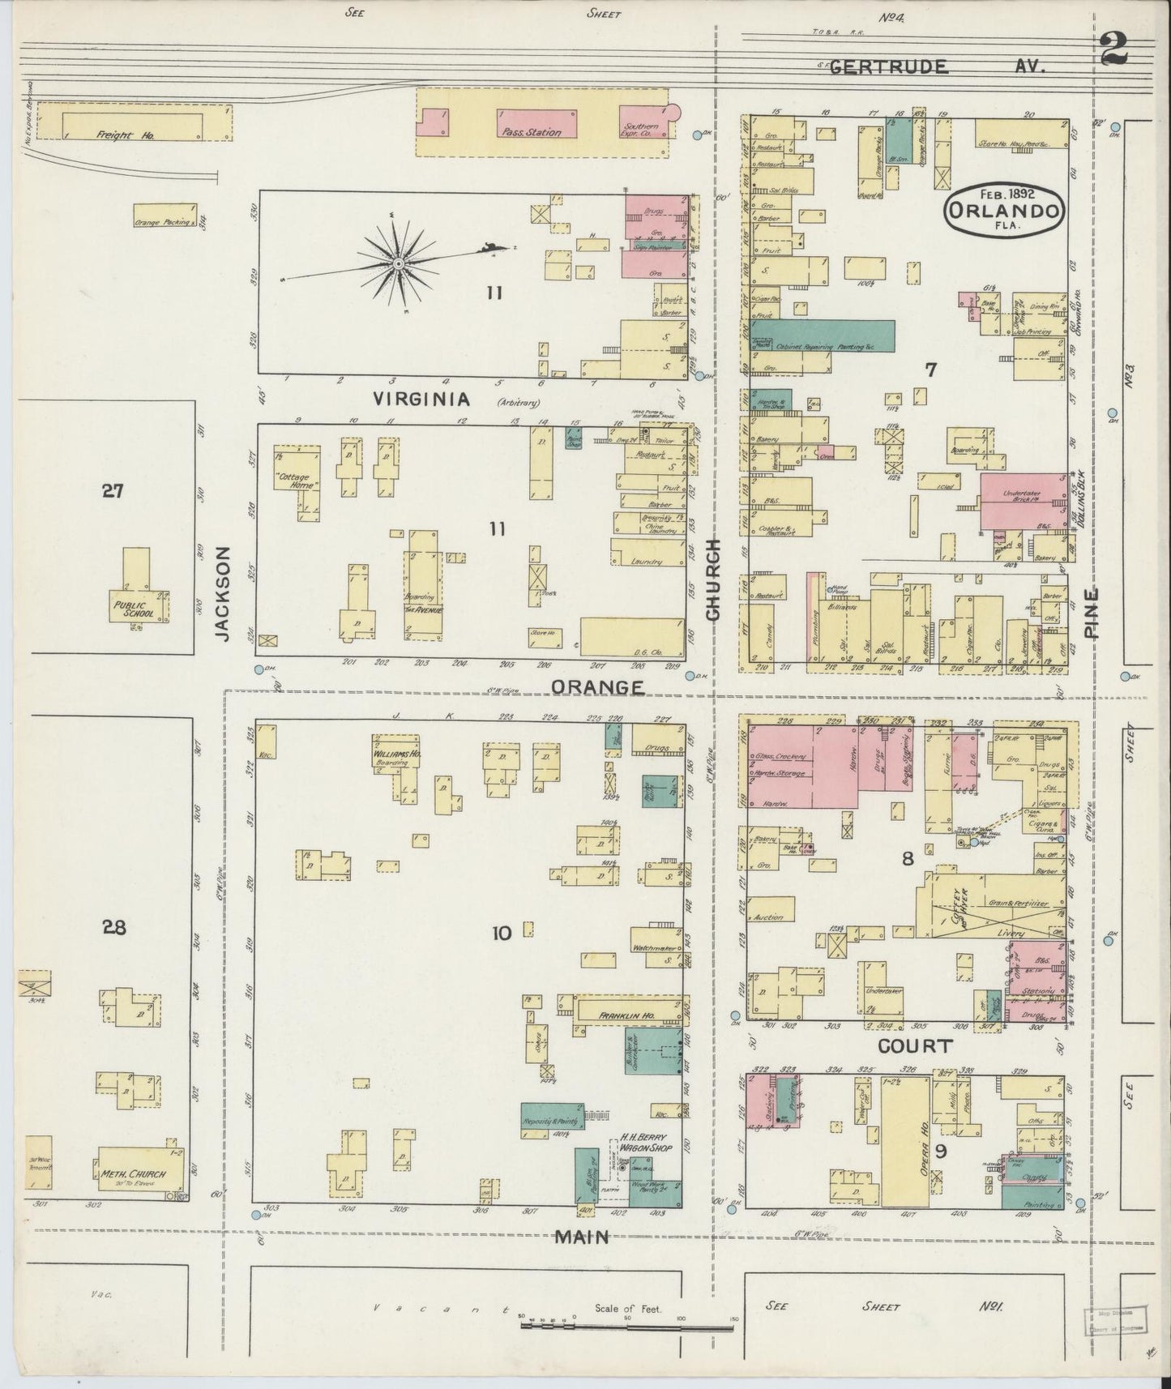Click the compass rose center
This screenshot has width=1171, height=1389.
pos(399,264)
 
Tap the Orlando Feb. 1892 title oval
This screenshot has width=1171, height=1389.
pos(1004,210)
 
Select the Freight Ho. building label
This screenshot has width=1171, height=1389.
pos(113,135)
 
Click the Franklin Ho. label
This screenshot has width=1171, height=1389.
pos(626,1015)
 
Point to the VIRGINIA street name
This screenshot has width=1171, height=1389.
pos(421,399)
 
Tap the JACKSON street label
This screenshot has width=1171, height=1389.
pos(224,593)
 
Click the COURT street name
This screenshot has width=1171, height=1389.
pos(915,1046)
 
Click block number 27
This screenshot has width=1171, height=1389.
pos(112,490)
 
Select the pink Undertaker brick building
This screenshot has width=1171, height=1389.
pos(1022,502)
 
